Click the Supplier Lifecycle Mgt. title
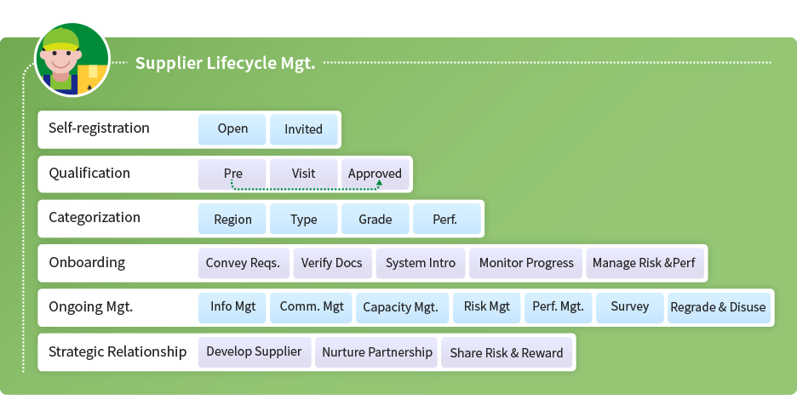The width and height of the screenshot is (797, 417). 225,64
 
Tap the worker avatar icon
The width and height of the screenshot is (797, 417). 72,60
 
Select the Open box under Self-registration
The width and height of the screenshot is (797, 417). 232,129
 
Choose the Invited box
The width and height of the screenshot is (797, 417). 303,129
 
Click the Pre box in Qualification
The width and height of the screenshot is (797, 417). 232,174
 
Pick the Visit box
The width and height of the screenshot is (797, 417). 303,174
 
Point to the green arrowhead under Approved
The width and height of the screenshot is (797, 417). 379,182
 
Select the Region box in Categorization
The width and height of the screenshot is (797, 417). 232,219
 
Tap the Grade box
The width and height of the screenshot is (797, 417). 376,219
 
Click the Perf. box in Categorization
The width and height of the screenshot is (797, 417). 447,219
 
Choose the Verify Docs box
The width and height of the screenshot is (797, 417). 332,263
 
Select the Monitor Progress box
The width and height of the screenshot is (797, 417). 525,263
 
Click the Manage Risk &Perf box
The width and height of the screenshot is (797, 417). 645,263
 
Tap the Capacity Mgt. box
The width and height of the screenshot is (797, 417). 402,308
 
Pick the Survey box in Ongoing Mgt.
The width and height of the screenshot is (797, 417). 630,308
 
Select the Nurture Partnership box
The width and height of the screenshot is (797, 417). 376,352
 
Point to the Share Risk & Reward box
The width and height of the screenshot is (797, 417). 507,352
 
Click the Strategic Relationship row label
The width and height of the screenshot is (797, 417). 118,352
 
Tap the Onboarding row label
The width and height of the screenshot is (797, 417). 87,263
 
